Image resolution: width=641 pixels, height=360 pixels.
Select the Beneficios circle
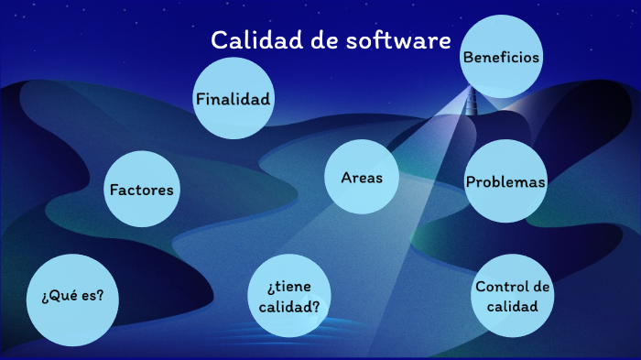[x=501, y=58]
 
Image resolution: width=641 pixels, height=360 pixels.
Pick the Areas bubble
[x=363, y=178]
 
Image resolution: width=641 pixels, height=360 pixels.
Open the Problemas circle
[x=505, y=181]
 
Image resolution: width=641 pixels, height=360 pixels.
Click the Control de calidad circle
[x=513, y=295]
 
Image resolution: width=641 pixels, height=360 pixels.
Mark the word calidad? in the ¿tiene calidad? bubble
[x=288, y=306]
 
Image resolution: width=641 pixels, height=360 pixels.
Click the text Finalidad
[x=234, y=98]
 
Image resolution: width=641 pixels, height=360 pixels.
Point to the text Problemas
[x=505, y=181]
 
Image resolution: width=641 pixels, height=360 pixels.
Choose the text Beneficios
[x=501, y=57]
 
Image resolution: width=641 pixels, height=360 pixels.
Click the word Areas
[x=363, y=178]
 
